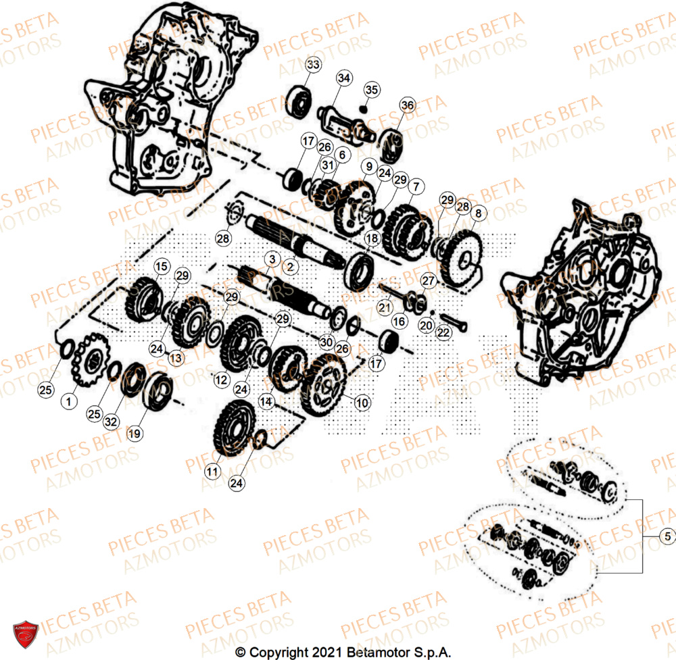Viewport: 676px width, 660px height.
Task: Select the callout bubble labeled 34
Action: point(343,78)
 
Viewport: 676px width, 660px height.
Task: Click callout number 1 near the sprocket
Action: point(68,402)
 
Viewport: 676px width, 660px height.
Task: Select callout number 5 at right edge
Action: point(667,537)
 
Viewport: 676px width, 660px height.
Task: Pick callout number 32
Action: point(111,422)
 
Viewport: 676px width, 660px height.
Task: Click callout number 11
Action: point(214,470)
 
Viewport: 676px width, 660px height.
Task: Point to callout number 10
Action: point(362,403)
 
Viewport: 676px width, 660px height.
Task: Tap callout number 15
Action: point(161,268)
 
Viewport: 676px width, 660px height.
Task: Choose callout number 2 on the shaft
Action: point(291,268)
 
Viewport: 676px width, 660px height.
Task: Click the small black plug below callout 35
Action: point(364,108)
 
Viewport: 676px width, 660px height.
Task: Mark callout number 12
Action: point(221,380)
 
